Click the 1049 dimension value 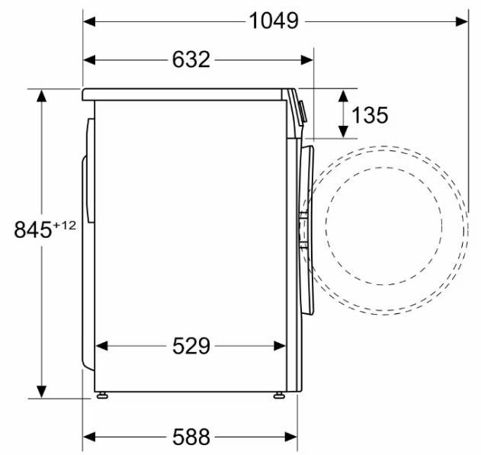tap(274, 21)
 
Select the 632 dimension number tap(191, 59)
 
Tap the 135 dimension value tap(370, 115)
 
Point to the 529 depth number tap(191, 346)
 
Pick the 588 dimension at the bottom tap(191, 437)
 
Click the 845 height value tap(33, 229)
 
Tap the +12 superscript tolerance tap(65, 226)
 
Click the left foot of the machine tap(102, 396)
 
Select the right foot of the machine tap(279, 396)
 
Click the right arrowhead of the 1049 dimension tap(462, 22)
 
